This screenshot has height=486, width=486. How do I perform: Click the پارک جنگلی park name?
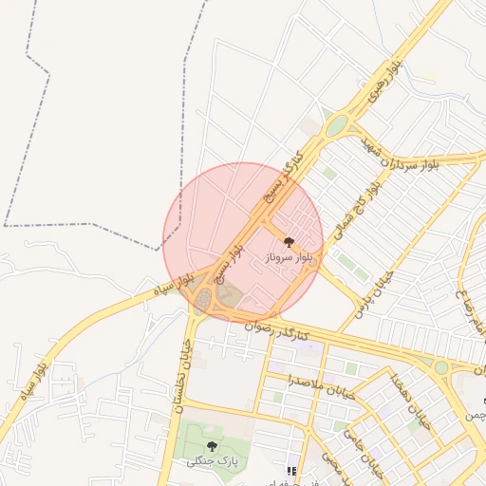pos(210,460)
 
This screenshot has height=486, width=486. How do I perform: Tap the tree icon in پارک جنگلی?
pos(212,445)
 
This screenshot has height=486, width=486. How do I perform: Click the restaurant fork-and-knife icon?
pos(291,471)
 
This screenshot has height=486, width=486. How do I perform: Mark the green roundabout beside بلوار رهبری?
pos(335,124)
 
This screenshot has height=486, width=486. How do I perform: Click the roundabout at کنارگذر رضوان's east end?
pos(440,366)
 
